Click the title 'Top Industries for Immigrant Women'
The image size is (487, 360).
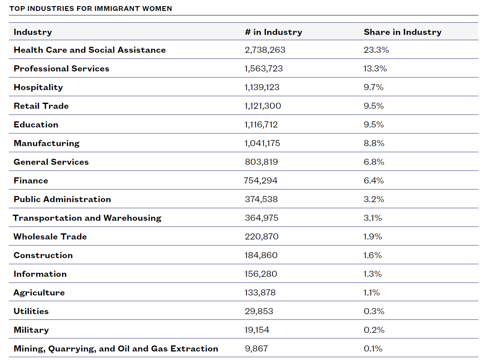tap(91, 9)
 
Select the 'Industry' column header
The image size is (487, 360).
tap(33, 32)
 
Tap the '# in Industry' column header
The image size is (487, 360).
tap(273, 32)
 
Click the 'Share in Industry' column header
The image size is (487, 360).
tap(403, 32)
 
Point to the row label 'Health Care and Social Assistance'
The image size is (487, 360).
tap(90, 50)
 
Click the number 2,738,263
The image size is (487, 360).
tap(265, 50)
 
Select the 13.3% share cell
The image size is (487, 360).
tap(375, 69)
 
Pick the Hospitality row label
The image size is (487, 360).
tap(38, 88)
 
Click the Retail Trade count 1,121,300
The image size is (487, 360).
tap(263, 106)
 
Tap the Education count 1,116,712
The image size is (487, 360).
tap(261, 125)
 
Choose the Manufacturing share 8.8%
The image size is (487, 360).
tap(374, 143)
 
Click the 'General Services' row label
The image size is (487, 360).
tap(51, 162)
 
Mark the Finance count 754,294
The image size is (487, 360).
tap(261, 181)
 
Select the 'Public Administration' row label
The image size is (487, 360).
tap(63, 199)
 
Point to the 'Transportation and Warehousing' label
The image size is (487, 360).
tap(87, 218)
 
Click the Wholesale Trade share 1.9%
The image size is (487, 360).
tap(373, 237)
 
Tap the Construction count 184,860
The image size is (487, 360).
tap(261, 255)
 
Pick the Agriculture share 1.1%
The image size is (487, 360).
tap(372, 293)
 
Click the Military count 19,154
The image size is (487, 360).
tap(257, 330)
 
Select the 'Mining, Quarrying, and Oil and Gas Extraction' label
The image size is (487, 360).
tap(116, 349)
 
